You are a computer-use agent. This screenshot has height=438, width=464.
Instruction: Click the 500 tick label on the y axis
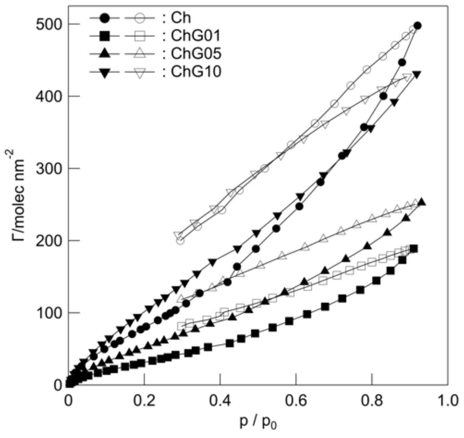tap(48, 24)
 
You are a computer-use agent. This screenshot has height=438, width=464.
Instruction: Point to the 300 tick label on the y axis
tap(48, 168)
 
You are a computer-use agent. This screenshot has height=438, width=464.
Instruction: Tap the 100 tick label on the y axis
tap(48, 313)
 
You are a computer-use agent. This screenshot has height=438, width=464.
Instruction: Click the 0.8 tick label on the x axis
tap(372, 401)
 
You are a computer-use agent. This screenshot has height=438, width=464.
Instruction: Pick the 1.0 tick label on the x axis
tap(448, 401)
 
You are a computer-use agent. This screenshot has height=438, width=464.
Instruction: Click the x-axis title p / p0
tap(258, 422)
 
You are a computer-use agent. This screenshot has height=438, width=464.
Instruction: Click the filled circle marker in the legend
tap(105, 18)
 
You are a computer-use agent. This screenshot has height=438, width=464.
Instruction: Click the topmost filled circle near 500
tap(418, 26)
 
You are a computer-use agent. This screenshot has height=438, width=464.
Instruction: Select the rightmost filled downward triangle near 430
tap(417, 74)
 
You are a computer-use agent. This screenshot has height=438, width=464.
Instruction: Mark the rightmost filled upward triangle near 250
tap(422, 202)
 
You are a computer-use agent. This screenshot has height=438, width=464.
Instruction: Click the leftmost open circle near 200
tap(180, 240)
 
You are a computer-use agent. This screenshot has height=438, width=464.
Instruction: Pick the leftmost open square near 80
tap(181, 326)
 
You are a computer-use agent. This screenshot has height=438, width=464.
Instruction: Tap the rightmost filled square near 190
tap(413, 249)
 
